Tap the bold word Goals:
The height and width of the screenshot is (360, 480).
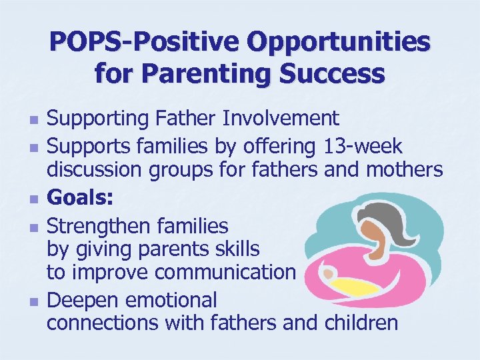(80, 197)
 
